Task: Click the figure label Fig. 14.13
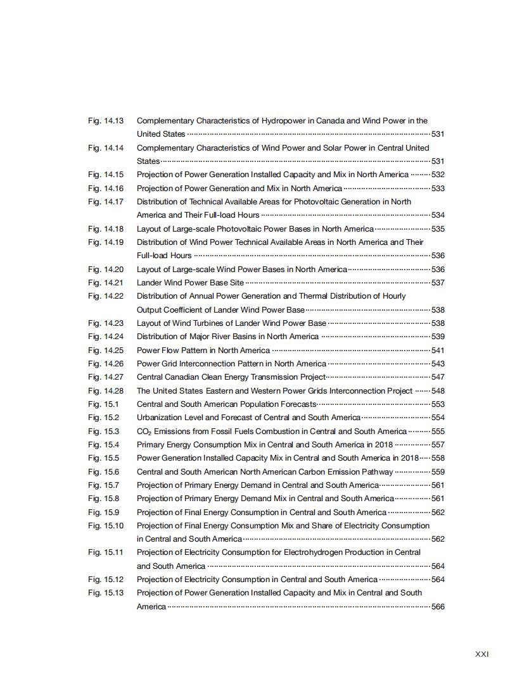click(x=106, y=120)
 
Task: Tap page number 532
click(x=438, y=175)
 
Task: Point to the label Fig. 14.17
click(x=106, y=202)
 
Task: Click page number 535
click(x=438, y=229)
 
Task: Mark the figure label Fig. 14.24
click(x=106, y=337)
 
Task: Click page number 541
click(x=438, y=351)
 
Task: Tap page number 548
click(x=438, y=391)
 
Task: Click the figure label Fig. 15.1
click(x=103, y=404)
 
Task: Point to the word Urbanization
click(x=159, y=418)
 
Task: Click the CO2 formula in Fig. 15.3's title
click(x=144, y=432)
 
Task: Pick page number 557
click(x=438, y=445)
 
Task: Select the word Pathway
click(x=377, y=472)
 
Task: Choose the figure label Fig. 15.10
click(x=106, y=526)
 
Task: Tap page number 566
click(x=438, y=607)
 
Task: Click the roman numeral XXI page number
click(x=482, y=654)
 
